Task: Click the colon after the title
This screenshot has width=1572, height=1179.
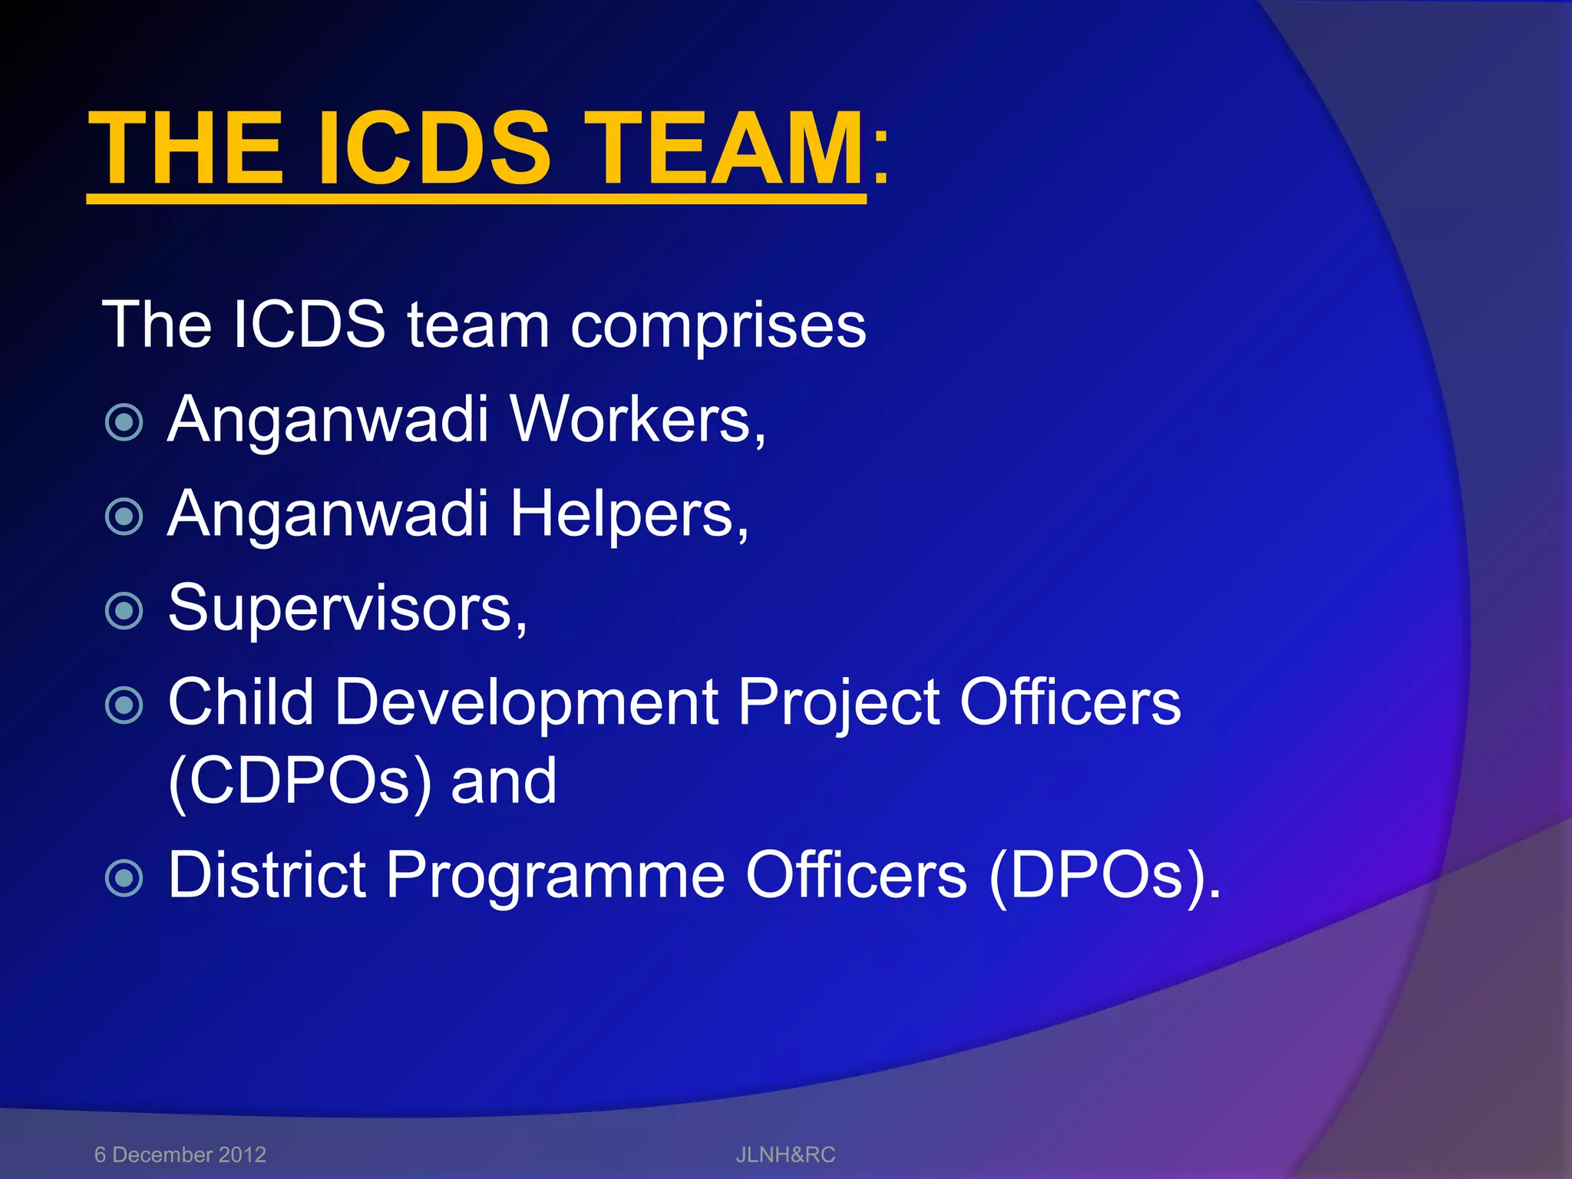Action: coord(881,157)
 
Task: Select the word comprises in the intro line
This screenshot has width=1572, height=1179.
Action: coord(718,326)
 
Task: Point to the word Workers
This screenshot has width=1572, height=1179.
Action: coord(637,420)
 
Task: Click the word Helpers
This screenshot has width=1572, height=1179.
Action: coord(629,514)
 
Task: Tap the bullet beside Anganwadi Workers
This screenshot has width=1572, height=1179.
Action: coord(124,422)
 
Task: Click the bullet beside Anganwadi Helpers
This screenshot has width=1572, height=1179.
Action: coord(124,517)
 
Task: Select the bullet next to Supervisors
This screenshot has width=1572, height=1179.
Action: coord(124,611)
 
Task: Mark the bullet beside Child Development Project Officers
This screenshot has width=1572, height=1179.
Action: coord(124,705)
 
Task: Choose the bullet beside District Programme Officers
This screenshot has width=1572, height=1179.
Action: coord(124,877)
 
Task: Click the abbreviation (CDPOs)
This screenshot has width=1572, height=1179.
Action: coord(299,781)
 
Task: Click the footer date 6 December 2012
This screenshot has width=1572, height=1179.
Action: coord(180,1154)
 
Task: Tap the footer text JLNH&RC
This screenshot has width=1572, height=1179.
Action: coord(785,1154)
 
